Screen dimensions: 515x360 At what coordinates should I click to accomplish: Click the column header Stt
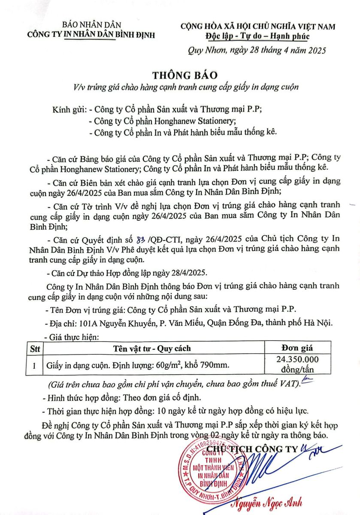coord(34,348)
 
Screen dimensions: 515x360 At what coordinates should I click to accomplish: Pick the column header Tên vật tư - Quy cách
coord(152,348)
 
